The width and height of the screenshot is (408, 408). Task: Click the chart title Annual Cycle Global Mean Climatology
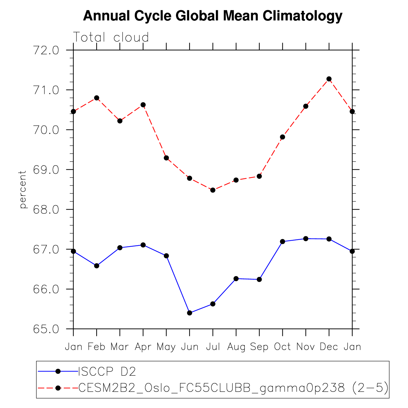[x=213, y=16]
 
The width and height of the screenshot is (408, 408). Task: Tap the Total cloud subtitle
[x=111, y=37]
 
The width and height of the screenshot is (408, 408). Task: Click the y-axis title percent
[x=22, y=189]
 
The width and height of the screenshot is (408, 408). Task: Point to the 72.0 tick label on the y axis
[x=46, y=50]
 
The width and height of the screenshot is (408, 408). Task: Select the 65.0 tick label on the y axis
[x=46, y=329]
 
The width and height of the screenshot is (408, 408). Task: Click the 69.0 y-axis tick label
[x=46, y=170]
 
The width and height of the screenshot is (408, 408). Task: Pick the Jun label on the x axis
[x=189, y=347]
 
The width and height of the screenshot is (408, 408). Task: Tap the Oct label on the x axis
[x=282, y=347]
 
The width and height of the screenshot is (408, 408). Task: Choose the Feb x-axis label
[x=97, y=347]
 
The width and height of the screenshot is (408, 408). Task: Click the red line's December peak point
[x=329, y=79]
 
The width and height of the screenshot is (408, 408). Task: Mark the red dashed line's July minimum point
[x=213, y=190]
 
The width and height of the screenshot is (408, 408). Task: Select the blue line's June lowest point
[x=189, y=313]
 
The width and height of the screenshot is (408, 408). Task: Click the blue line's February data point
[x=97, y=266]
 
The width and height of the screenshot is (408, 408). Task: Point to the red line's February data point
[x=97, y=98]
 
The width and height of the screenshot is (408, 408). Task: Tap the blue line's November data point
[x=306, y=239]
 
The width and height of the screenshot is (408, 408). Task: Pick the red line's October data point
[x=282, y=137]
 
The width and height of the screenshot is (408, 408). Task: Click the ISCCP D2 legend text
[x=107, y=371]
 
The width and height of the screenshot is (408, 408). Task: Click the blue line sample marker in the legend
[x=58, y=371]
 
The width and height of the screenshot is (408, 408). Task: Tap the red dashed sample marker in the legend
[x=58, y=388]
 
